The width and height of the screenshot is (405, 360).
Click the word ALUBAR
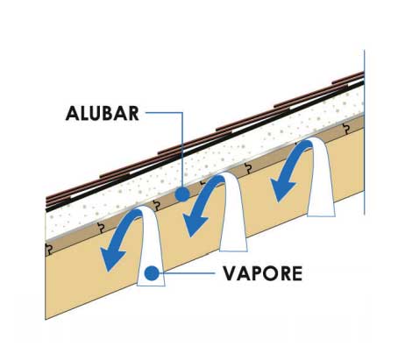tap(103, 113)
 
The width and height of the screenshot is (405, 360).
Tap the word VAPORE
tap(263, 273)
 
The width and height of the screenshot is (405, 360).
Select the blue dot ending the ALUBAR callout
tap(182, 194)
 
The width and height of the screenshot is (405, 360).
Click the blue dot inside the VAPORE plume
tap(152, 273)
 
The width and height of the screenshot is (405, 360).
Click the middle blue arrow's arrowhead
tap(195, 223)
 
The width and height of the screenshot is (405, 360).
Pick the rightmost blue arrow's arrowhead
tap(282, 190)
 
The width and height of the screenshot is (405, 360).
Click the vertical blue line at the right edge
tap(365, 132)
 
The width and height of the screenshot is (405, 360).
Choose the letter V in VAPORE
tap(230, 273)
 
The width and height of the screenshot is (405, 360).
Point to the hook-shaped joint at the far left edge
tap(48, 249)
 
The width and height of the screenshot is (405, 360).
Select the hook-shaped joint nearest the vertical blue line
tap(346, 129)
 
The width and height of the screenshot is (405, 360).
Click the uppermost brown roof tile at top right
tap(348, 77)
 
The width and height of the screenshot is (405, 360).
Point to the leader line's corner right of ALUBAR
tap(182, 112)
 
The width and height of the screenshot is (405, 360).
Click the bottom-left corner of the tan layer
tap(46, 320)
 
